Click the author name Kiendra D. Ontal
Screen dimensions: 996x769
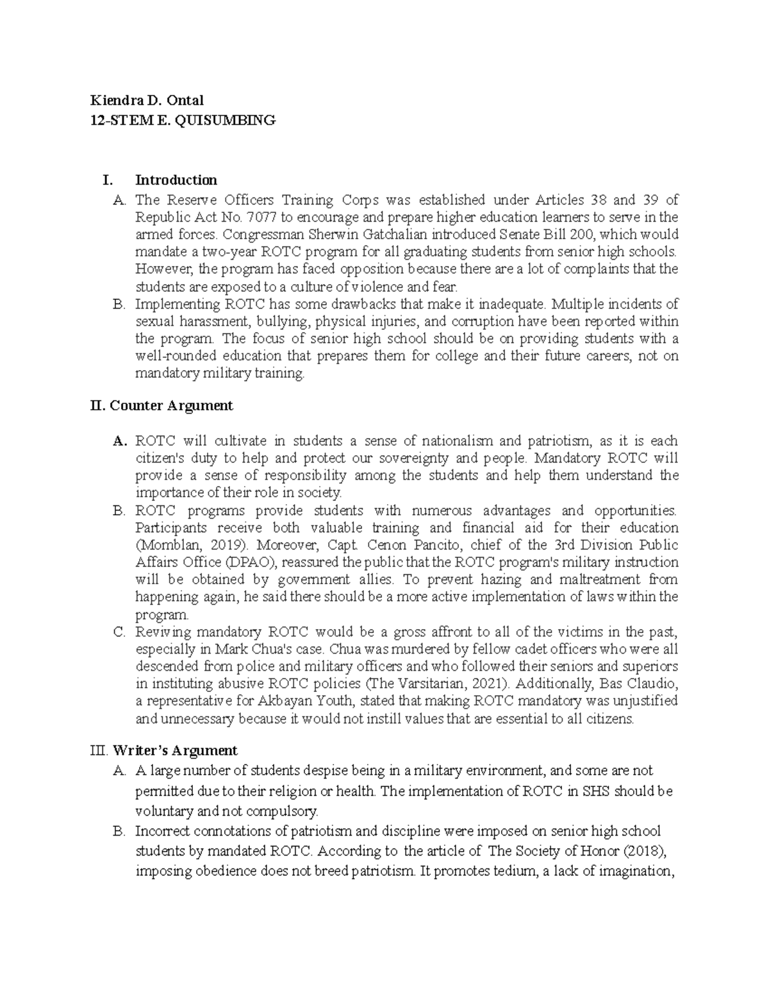(x=147, y=100)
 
